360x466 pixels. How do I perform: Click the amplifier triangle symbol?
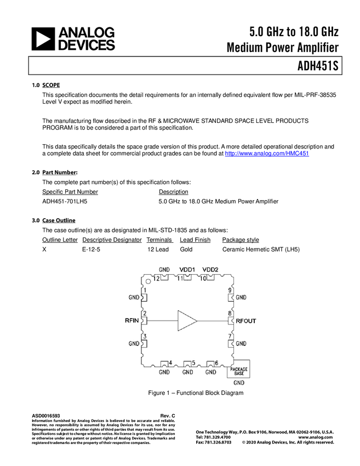click(186, 320)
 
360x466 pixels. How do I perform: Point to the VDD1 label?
click(187, 270)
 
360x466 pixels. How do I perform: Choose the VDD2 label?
click(210, 270)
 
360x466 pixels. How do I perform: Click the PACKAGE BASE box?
click(238, 371)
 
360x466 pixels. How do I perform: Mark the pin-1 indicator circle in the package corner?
click(148, 281)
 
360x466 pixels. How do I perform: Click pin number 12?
click(156, 278)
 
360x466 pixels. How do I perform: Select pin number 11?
click(179, 278)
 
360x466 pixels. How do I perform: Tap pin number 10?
click(202, 278)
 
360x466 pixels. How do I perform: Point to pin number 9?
click(231, 290)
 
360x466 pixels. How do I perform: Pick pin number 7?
click(231, 336)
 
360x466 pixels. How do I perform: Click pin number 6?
click(216, 363)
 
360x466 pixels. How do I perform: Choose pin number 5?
click(193, 363)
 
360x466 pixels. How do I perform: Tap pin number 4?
click(170, 363)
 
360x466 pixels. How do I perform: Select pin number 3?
click(145, 336)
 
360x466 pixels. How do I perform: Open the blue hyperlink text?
click(267, 154)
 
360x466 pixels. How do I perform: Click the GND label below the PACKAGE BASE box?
click(238, 383)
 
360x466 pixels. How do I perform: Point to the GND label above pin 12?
click(164, 270)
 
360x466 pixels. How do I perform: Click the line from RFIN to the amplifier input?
click(162, 320)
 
